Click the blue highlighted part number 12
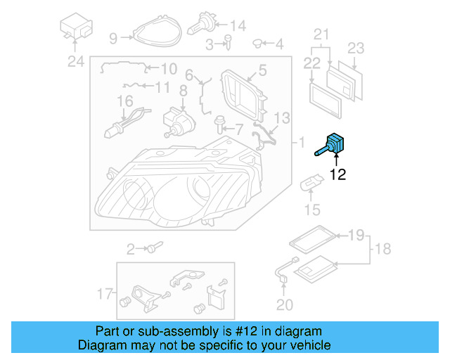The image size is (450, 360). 335,143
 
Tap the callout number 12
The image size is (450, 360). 338,175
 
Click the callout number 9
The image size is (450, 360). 113,37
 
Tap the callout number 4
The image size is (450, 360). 279,44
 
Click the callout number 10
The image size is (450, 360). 169,69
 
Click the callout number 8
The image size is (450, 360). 183,90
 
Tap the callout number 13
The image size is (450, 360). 281,117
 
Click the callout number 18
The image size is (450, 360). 384,248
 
